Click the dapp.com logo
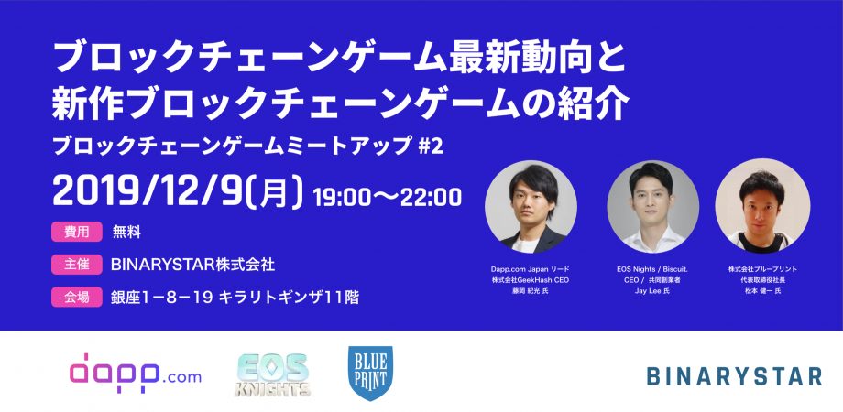pyautogui.click(x=136, y=373)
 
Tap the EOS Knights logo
pyautogui.click(x=272, y=375)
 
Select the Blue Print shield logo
pyautogui.click(x=370, y=373)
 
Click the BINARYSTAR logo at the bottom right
pyautogui.click(x=734, y=376)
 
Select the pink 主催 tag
pyautogui.click(x=77, y=265)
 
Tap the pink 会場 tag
pyautogui.click(x=77, y=297)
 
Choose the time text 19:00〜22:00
pyautogui.click(x=387, y=197)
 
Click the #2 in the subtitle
pyautogui.click(x=431, y=146)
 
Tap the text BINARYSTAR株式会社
pyautogui.click(x=192, y=265)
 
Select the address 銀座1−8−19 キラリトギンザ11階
pyautogui.click(x=235, y=297)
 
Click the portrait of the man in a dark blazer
pyautogui.click(x=531, y=207)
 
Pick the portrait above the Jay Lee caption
pyautogui.click(x=653, y=207)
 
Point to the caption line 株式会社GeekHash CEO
pyautogui.click(x=531, y=280)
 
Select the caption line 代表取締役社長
pyautogui.click(x=762, y=280)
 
